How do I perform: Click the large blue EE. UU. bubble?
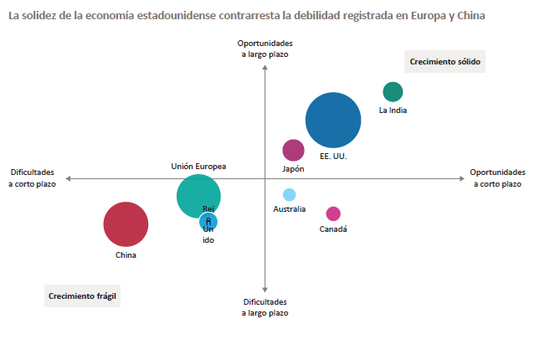pyautogui.click(x=333, y=121)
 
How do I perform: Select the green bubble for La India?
pyautogui.click(x=393, y=92)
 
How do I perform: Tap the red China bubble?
pyautogui.click(x=126, y=224)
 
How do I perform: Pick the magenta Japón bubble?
pyautogui.click(x=293, y=150)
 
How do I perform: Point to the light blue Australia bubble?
pyautogui.click(x=290, y=195)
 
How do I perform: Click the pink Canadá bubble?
pyautogui.click(x=333, y=213)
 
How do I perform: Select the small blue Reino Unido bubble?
pyautogui.click(x=210, y=223)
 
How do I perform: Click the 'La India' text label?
pyautogui.click(x=393, y=111)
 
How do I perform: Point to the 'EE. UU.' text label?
pyautogui.click(x=333, y=157)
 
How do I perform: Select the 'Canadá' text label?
pyautogui.click(x=333, y=229)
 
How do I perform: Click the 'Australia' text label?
pyautogui.click(x=290, y=209)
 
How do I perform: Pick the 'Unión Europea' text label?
pyautogui.click(x=198, y=167)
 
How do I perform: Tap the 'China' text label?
pyautogui.click(x=126, y=255)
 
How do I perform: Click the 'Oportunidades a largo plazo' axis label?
pyautogui.click(x=265, y=49)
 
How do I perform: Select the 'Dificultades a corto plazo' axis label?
pyautogui.click(x=33, y=177)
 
